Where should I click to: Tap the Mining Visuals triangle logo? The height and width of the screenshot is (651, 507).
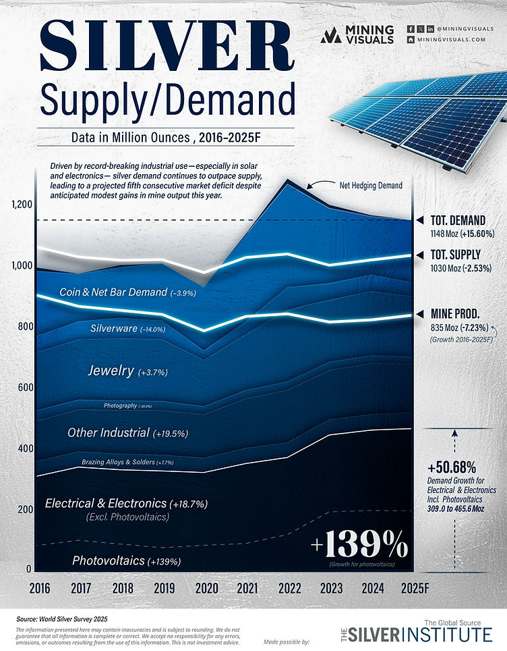(331, 36)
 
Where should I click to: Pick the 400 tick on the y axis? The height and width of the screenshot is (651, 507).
(24, 449)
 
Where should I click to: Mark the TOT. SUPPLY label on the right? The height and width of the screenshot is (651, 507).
(456, 255)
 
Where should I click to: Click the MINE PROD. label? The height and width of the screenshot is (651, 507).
(455, 313)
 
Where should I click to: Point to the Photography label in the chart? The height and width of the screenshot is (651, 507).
(127, 406)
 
